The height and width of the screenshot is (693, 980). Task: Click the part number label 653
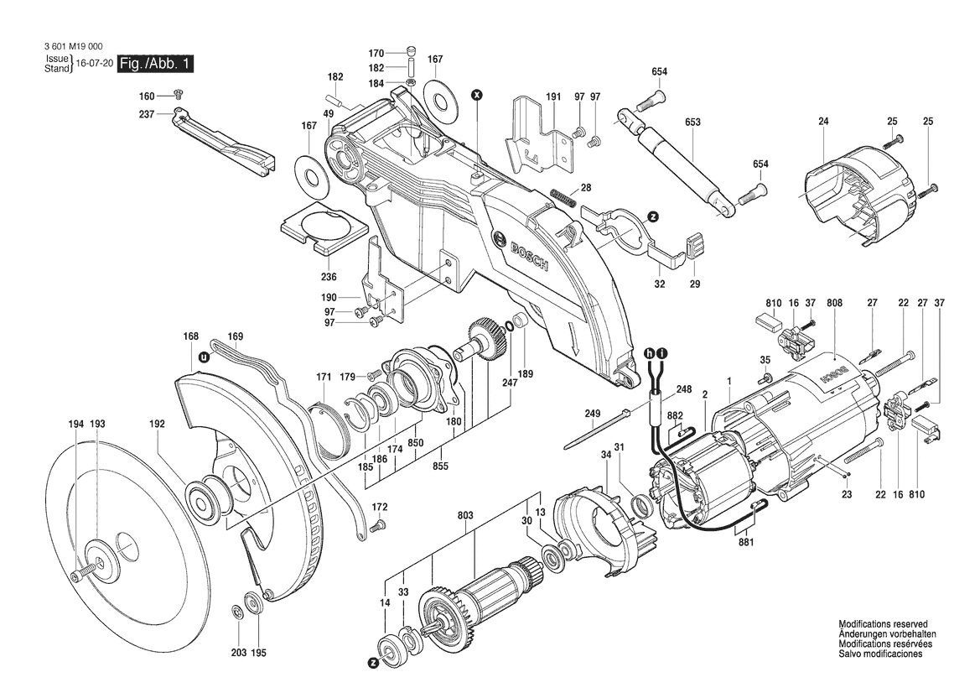point(692,122)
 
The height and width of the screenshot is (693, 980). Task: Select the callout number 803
point(465,515)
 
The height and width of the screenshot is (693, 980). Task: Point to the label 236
point(329,277)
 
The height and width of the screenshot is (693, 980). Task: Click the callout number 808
point(834,303)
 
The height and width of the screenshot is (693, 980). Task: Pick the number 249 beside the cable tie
point(593,414)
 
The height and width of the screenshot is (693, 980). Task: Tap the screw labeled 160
point(178,95)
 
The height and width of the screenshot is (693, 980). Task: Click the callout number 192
point(157,424)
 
